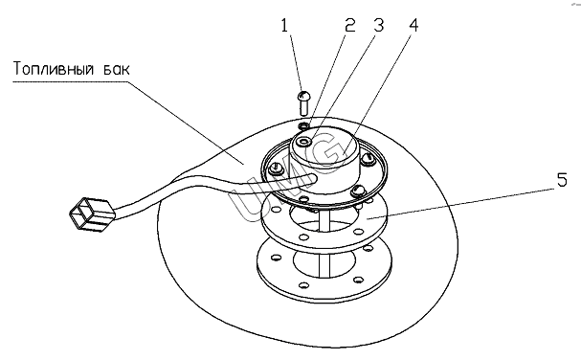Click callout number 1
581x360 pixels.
click(284, 26)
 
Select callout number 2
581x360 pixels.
click(349, 26)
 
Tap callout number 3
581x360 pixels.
click(378, 26)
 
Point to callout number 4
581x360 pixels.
click(413, 26)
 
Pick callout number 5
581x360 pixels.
click(562, 180)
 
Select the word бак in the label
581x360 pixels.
click(117, 69)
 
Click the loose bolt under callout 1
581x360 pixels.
click(303, 102)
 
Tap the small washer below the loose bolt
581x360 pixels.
click(303, 126)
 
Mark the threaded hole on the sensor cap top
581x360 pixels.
click(305, 142)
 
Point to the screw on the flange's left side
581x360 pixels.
click(276, 169)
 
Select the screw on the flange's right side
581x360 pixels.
click(369, 158)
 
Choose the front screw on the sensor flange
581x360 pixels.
click(358, 191)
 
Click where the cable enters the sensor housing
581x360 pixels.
click(314, 179)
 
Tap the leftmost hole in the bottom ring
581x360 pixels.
click(276, 257)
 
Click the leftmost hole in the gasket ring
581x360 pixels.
click(275, 210)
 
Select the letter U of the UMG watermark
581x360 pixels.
click(248, 196)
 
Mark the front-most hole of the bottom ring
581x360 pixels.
click(303, 285)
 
